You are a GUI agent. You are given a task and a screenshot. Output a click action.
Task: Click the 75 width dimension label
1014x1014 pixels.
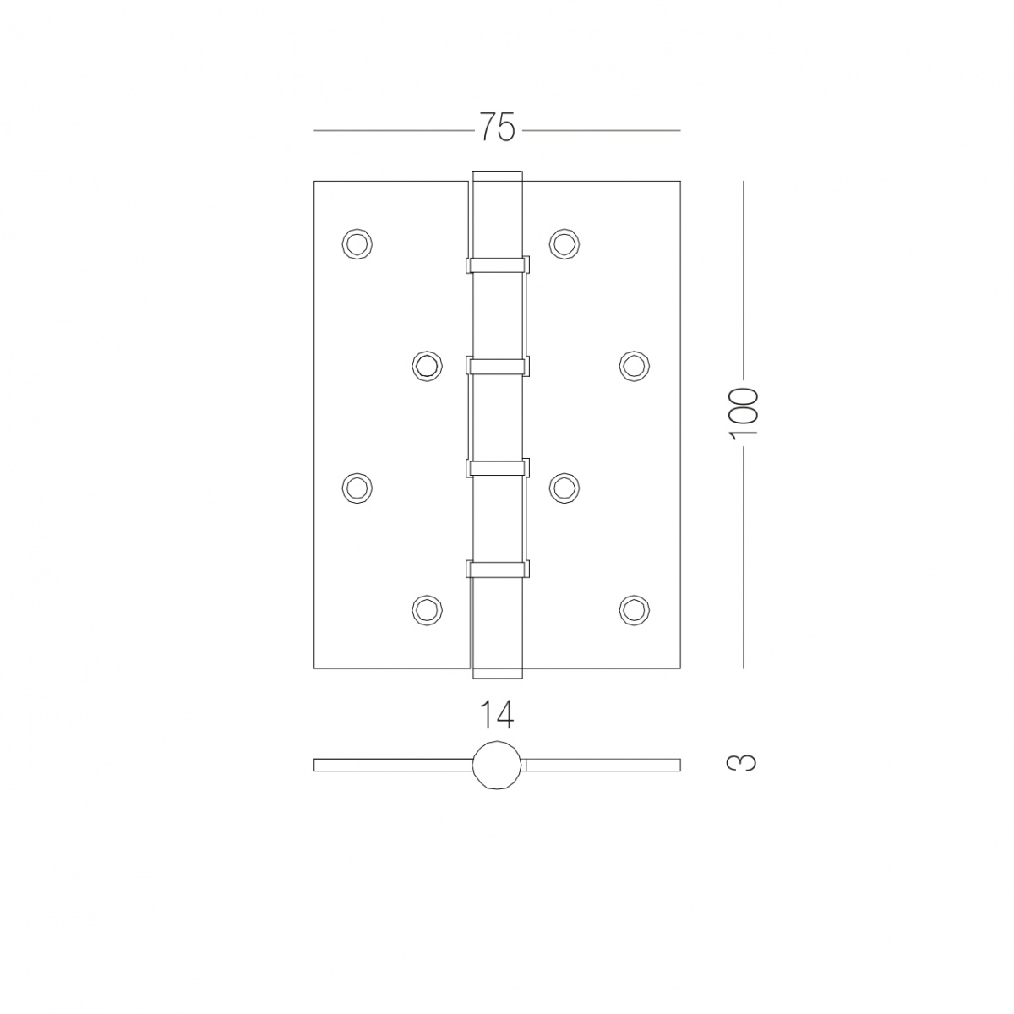496,128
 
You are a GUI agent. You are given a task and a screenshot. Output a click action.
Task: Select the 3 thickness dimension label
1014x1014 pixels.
743,762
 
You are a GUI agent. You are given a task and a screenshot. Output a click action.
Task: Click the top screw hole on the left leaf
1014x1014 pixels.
357,243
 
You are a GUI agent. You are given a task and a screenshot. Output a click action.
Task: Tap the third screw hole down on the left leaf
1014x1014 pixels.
357,488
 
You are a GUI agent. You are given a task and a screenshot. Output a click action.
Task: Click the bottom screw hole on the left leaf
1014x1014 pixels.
427,609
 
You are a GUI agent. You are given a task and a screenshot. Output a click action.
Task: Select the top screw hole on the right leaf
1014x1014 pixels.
564,243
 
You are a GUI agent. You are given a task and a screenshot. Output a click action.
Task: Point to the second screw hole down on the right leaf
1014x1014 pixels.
634,365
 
